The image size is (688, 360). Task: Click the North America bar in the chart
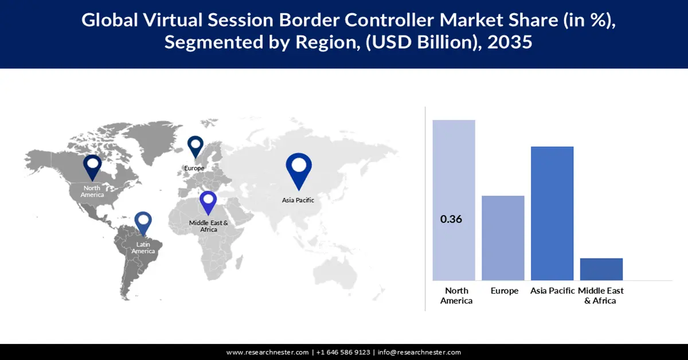tap(454, 172)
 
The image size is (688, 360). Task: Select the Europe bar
tap(503, 237)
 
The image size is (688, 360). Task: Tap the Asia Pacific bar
tap(552, 213)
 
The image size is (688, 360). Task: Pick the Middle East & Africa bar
tap(601, 269)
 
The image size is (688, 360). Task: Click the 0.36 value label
tap(451, 219)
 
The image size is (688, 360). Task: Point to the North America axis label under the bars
tap(456, 296)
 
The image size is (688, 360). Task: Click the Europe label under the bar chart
tap(505, 291)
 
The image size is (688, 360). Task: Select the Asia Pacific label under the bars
tap(552, 291)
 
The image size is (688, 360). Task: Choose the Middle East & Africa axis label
tap(601, 296)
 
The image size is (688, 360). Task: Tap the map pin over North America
tap(92, 167)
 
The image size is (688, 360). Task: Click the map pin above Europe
tap(196, 146)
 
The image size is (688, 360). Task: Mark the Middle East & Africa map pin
tap(208, 204)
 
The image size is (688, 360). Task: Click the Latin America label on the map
tap(143, 248)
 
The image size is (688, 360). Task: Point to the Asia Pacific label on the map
tap(298, 200)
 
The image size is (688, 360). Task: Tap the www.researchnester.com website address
tap(268, 353)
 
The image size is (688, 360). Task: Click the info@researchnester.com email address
tap(419, 353)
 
